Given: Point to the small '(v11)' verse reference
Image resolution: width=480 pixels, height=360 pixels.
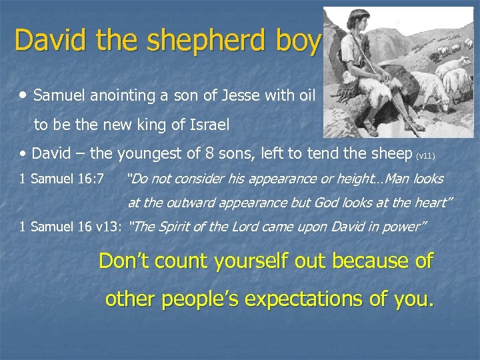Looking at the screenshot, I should click(x=425, y=156).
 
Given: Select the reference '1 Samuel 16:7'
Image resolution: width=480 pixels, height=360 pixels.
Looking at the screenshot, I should click(x=61, y=179).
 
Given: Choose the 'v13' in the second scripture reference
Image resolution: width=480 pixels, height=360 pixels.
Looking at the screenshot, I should click(x=109, y=227).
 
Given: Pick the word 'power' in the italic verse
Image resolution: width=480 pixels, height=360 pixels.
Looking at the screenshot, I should click(x=403, y=227).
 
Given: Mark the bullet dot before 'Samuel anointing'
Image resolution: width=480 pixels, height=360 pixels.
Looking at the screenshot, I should click(x=25, y=95).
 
